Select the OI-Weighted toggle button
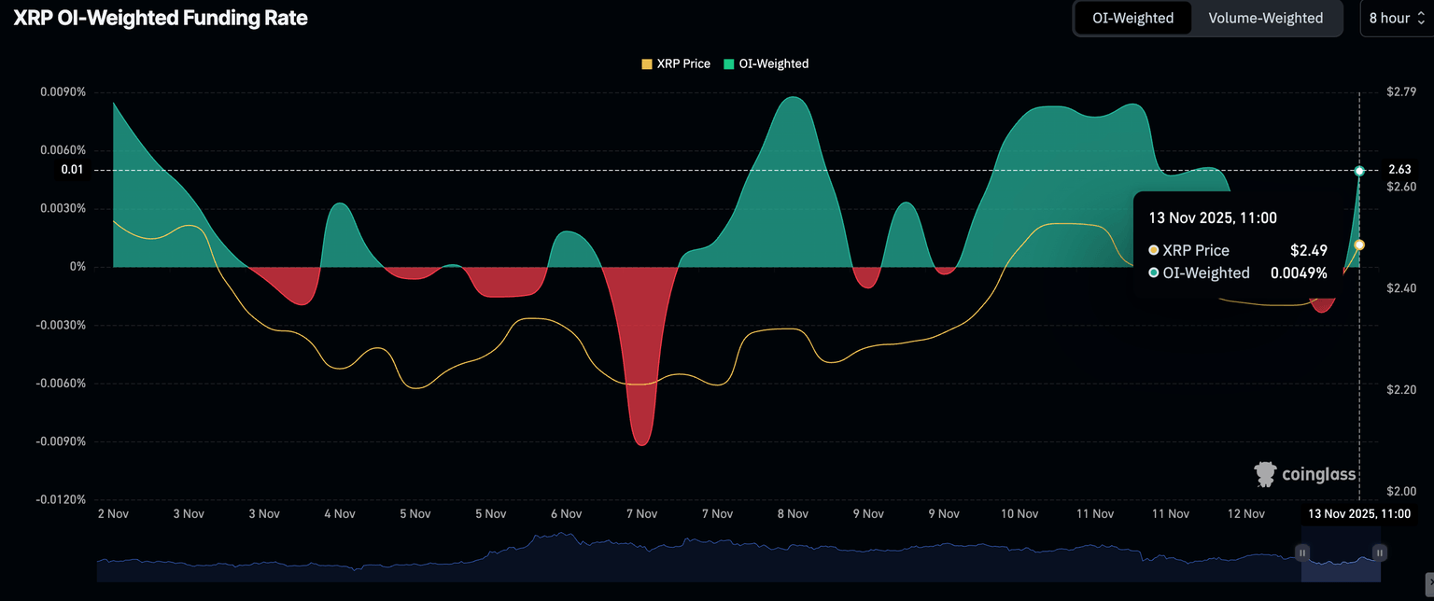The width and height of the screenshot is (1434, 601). (x=1132, y=18)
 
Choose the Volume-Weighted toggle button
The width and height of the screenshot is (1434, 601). (x=1265, y=18)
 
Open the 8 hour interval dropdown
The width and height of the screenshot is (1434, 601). (x=1396, y=18)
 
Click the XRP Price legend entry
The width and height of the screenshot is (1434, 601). (x=676, y=63)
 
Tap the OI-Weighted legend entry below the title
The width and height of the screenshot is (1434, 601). (x=766, y=63)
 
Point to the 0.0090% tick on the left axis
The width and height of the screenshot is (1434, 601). (x=63, y=92)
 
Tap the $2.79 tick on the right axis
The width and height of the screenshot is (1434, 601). (x=1401, y=91)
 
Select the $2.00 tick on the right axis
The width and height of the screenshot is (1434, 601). (x=1401, y=491)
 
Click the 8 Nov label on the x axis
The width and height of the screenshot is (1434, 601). (x=792, y=513)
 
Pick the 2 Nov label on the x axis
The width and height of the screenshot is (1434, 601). (x=113, y=513)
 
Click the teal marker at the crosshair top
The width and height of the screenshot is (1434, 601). (x=1359, y=171)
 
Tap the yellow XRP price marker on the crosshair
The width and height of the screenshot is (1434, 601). (x=1359, y=245)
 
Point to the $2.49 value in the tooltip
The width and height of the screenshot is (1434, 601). (x=1308, y=250)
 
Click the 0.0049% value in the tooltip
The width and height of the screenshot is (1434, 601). (x=1299, y=273)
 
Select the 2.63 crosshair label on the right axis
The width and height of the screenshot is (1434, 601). (x=1399, y=170)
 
